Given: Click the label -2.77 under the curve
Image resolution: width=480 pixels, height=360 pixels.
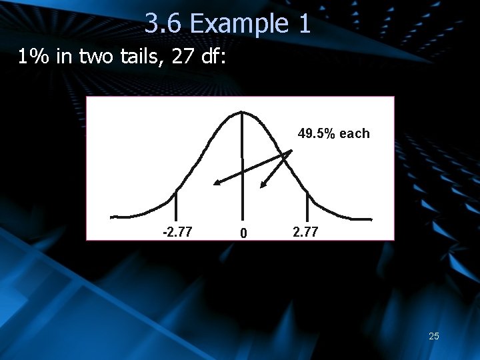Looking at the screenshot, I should coord(177,232).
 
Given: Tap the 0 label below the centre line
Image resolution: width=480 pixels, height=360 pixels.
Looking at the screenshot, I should coord(244,233).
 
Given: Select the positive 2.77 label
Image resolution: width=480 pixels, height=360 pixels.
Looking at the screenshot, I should coord(305,232).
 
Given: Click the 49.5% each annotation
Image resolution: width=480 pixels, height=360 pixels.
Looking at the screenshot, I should coord(333,133).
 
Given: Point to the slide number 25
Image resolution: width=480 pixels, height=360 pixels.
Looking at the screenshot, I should coord(434,336).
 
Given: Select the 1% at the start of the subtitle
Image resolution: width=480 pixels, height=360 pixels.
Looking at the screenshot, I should coord(32,58).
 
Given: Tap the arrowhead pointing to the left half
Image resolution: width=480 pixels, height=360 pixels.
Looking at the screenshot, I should coord(217,183).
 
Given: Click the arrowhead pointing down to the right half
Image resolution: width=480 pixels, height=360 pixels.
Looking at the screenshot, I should coord(264,186).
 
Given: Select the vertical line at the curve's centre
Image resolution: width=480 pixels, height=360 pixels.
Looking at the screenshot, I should coord(241,167).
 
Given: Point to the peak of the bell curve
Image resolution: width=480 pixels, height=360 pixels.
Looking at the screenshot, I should coord(241,113).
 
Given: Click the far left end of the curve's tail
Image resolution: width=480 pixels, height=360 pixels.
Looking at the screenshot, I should coord(113,217).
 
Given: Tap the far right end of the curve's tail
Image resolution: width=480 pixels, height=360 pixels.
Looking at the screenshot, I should coord(370,218).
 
